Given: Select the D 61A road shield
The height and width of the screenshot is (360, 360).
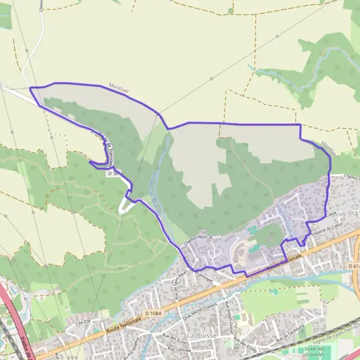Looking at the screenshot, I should click(353, 265).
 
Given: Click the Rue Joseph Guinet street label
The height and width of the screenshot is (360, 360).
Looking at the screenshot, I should click(229, 311).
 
